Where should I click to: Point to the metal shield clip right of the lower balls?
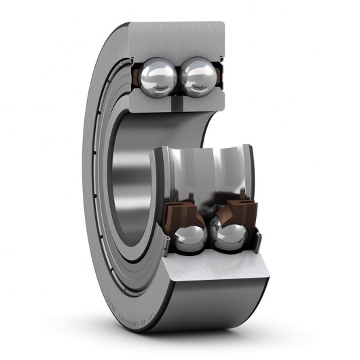click(257, 235)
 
